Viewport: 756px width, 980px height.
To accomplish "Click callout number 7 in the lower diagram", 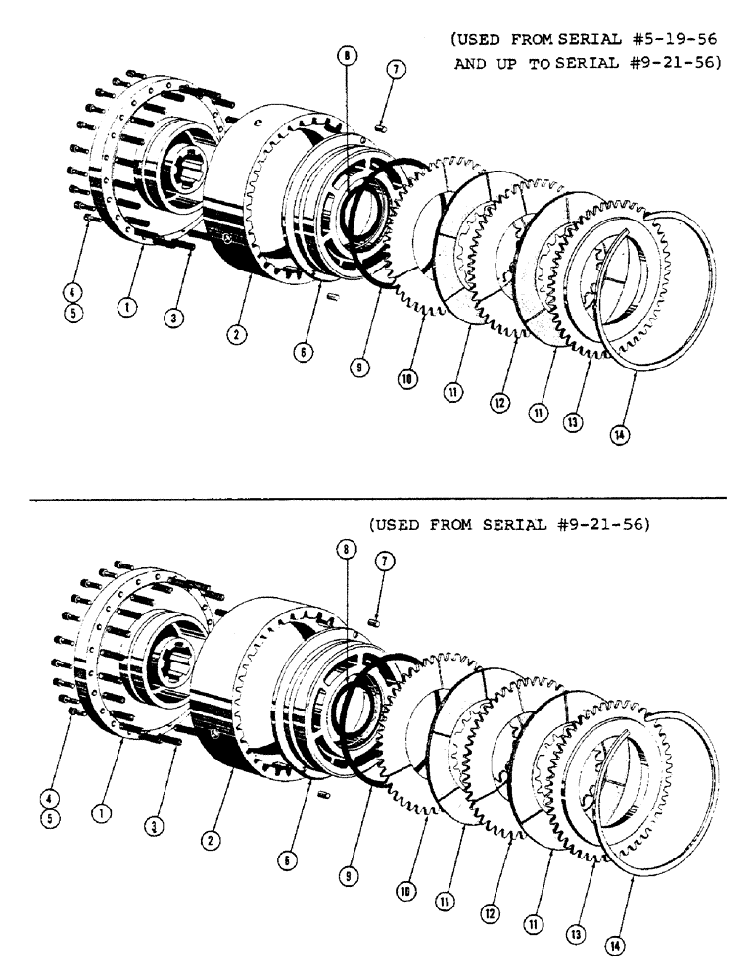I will [383, 560].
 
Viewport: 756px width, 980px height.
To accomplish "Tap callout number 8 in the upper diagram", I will [346, 58].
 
